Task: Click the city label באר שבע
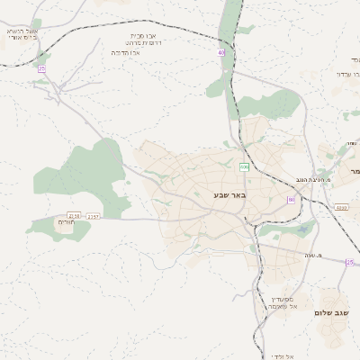coord(229,194)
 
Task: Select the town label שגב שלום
coord(331,312)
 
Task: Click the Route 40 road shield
coord(220,52)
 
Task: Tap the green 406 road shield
coord(244,167)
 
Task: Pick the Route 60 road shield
coord(291,199)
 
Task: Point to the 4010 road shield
coord(340,208)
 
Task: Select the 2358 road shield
coord(74,216)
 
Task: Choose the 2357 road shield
coord(94,217)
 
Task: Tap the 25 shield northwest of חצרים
coord(41,68)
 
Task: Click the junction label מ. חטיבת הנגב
coord(318,180)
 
